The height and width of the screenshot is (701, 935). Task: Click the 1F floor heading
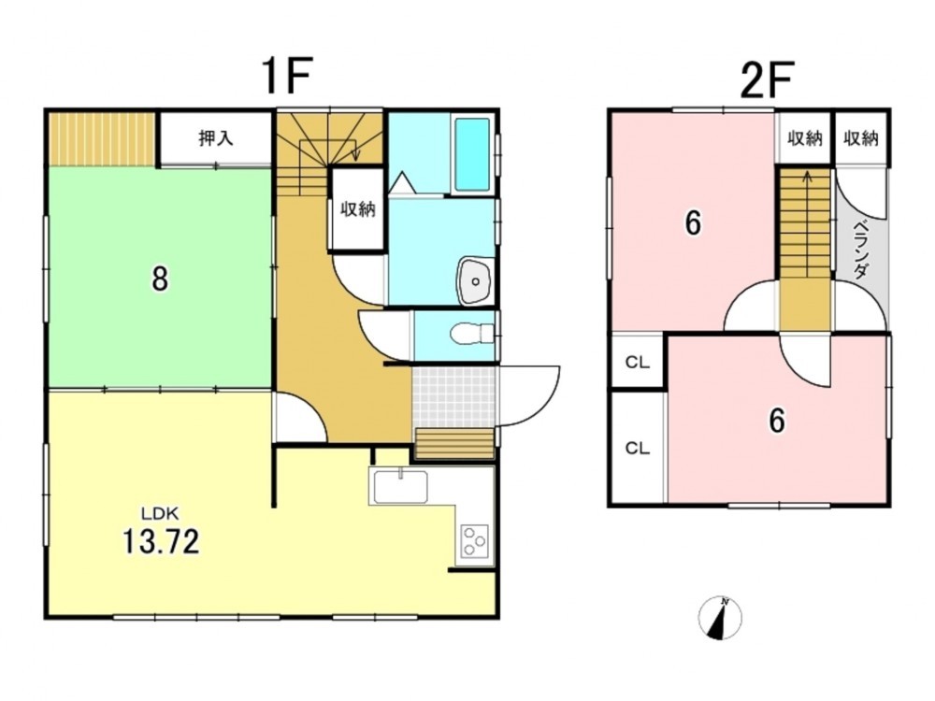click(x=287, y=77)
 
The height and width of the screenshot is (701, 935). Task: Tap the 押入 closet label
click(x=215, y=138)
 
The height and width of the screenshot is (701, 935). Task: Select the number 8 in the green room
click(x=159, y=279)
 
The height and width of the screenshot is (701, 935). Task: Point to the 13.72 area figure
click(x=161, y=541)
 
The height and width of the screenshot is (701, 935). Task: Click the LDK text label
click(x=160, y=512)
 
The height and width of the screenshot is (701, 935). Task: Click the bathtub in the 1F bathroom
click(x=473, y=154)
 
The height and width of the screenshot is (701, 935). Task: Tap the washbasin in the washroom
click(x=475, y=281)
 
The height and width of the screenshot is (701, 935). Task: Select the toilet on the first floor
click(x=472, y=334)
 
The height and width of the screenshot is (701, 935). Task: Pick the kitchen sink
click(x=399, y=486)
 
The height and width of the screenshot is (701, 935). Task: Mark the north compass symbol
click(x=720, y=618)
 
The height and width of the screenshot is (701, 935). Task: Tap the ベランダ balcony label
click(x=860, y=250)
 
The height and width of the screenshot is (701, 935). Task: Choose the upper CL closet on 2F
click(x=637, y=363)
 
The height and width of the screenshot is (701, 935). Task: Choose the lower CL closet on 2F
click(x=637, y=449)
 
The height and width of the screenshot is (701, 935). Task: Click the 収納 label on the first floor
click(x=358, y=209)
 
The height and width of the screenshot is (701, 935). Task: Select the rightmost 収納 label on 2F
click(x=860, y=138)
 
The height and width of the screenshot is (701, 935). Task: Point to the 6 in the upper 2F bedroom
click(x=693, y=223)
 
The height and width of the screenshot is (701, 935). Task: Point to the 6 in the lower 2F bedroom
click(x=776, y=421)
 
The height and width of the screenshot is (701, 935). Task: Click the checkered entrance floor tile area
click(x=453, y=395)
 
